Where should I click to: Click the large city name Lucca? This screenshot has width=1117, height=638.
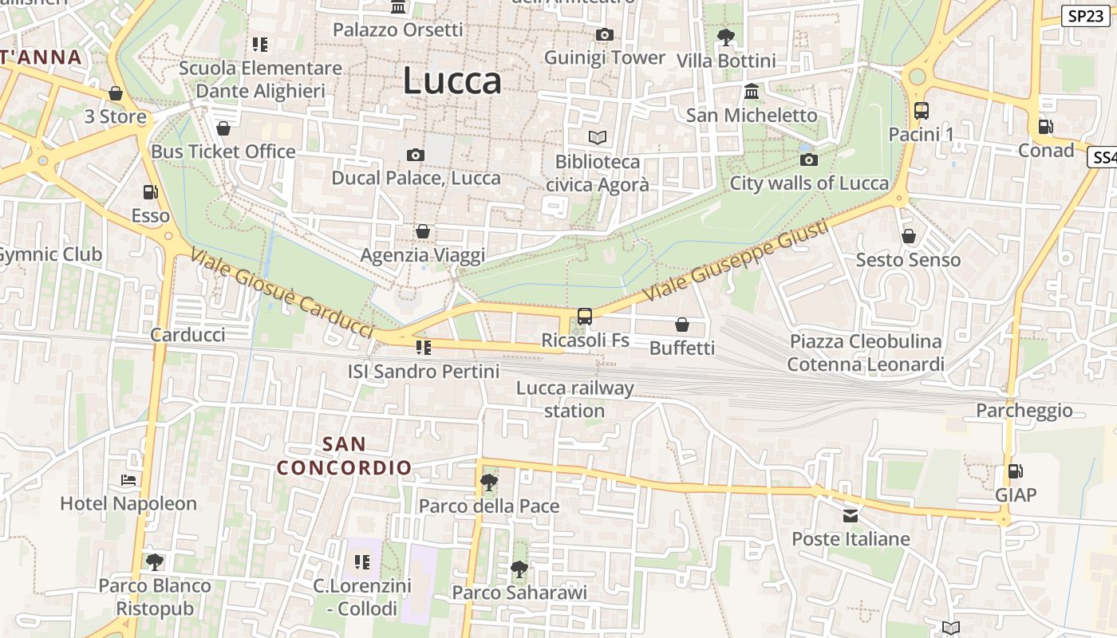point(452,81)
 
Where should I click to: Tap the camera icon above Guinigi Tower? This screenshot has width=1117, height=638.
point(604,34)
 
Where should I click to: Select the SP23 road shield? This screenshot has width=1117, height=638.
point(1085,15)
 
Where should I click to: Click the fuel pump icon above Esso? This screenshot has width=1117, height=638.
point(150,192)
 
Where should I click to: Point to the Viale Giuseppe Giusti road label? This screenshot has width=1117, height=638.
point(735,261)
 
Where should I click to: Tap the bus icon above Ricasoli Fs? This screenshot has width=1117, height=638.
point(584,317)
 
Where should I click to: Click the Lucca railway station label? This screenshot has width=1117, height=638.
point(574,400)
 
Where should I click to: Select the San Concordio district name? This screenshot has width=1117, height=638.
point(345,455)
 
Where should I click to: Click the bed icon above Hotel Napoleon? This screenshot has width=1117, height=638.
point(128,480)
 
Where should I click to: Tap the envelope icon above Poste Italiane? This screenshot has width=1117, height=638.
point(851,516)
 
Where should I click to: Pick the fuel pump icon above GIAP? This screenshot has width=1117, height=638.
point(1015,471)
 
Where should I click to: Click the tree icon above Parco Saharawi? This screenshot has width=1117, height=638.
point(519,569)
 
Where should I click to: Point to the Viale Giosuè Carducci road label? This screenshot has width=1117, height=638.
point(282,293)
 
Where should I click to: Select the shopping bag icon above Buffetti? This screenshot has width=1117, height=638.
point(681,325)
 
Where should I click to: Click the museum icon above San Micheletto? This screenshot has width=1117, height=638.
point(751,92)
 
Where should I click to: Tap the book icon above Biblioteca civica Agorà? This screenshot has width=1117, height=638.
point(597,138)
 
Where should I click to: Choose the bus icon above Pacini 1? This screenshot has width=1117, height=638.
point(921,111)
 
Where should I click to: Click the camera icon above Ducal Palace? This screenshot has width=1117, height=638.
point(416,155)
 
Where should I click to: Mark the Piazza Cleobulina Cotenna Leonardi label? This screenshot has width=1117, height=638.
point(865,352)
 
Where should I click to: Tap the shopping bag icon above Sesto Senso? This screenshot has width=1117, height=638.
point(908,236)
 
